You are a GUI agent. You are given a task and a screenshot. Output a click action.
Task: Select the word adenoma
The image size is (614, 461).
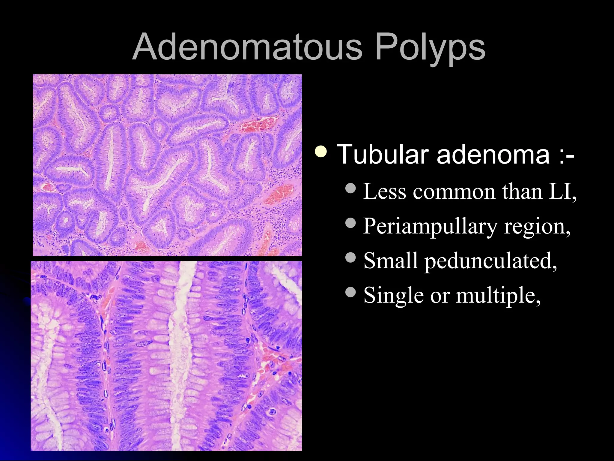coord(493,155)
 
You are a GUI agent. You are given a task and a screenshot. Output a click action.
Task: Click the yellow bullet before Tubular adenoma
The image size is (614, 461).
coord(321,152)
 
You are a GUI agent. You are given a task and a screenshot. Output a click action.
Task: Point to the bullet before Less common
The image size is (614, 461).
coord(350,188)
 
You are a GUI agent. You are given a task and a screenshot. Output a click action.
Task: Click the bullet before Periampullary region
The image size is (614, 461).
coord(350,223)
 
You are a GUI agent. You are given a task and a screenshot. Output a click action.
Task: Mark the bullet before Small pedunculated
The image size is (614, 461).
coord(350,257)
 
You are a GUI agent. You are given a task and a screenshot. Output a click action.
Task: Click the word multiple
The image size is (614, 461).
coord(498,296)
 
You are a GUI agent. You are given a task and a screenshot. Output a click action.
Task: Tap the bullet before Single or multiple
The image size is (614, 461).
coord(350,292)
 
